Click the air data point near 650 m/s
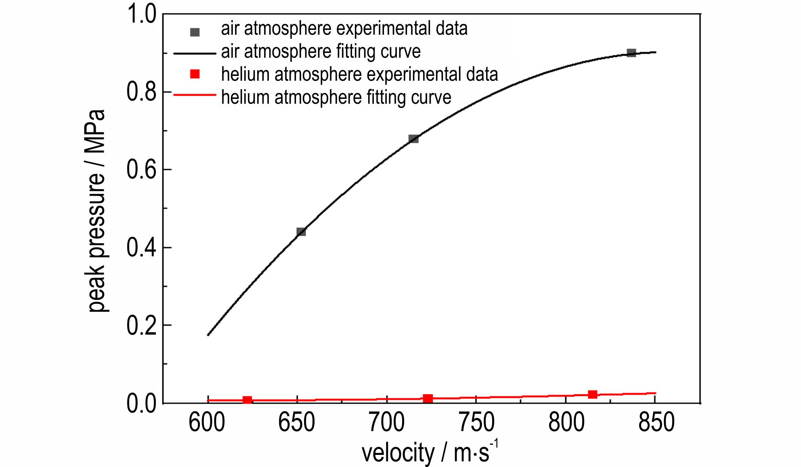[301, 232]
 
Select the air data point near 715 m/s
[413, 139]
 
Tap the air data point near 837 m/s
[631, 53]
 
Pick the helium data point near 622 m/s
[247, 400]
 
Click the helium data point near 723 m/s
[428, 398]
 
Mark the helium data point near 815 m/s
[593, 394]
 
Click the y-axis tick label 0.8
[141, 92]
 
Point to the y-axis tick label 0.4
[141, 247]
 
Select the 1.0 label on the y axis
[141, 15]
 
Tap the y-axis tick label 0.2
[141, 325]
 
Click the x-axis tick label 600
[207, 422]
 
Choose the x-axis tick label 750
[476, 422]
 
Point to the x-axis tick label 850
[656, 422]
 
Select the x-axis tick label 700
[387, 422]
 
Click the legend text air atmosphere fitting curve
[321, 51]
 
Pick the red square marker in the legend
[195, 74]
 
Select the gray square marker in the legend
[195, 32]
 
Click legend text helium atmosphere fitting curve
[336, 97]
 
